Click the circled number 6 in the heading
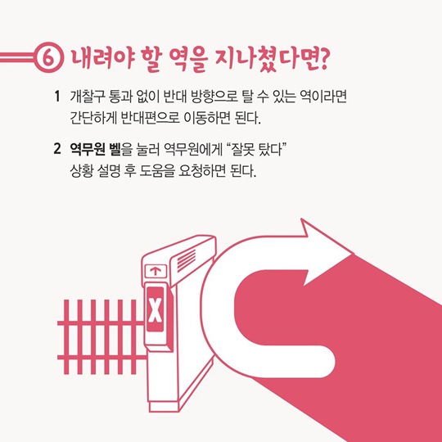click(49, 57)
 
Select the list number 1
click(57, 97)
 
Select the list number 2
click(57, 148)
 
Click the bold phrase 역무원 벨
click(95, 149)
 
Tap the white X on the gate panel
click(156, 309)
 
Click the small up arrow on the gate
click(156, 272)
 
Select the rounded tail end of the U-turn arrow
click(324, 362)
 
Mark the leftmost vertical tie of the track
click(66, 337)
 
